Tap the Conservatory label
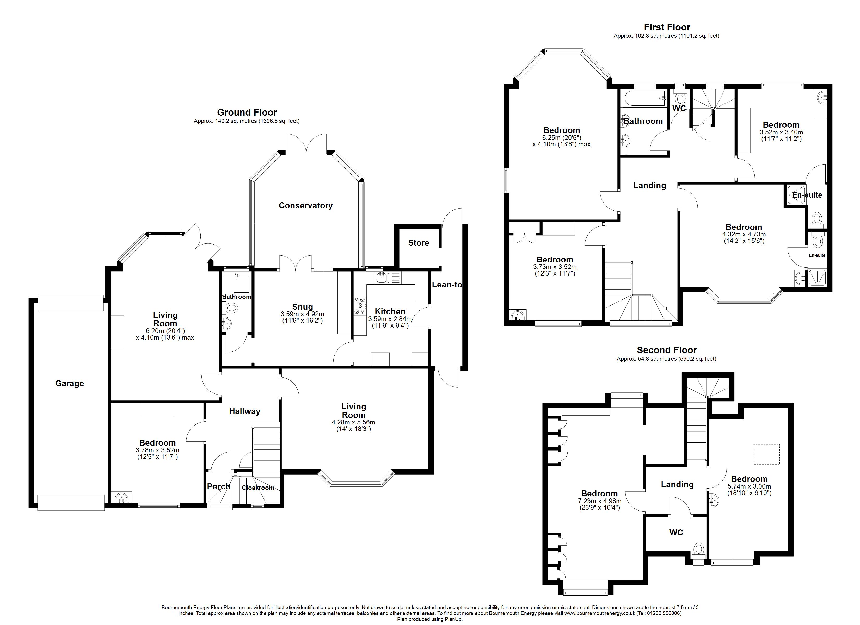pyautogui.click(x=306, y=205)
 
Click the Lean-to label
pyautogui.click(x=447, y=285)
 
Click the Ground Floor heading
pyautogui.click(x=247, y=112)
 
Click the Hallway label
pyautogui.click(x=244, y=411)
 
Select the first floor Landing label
pyautogui.click(x=649, y=185)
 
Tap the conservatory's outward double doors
pyautogui.click(x=306, y=144)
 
